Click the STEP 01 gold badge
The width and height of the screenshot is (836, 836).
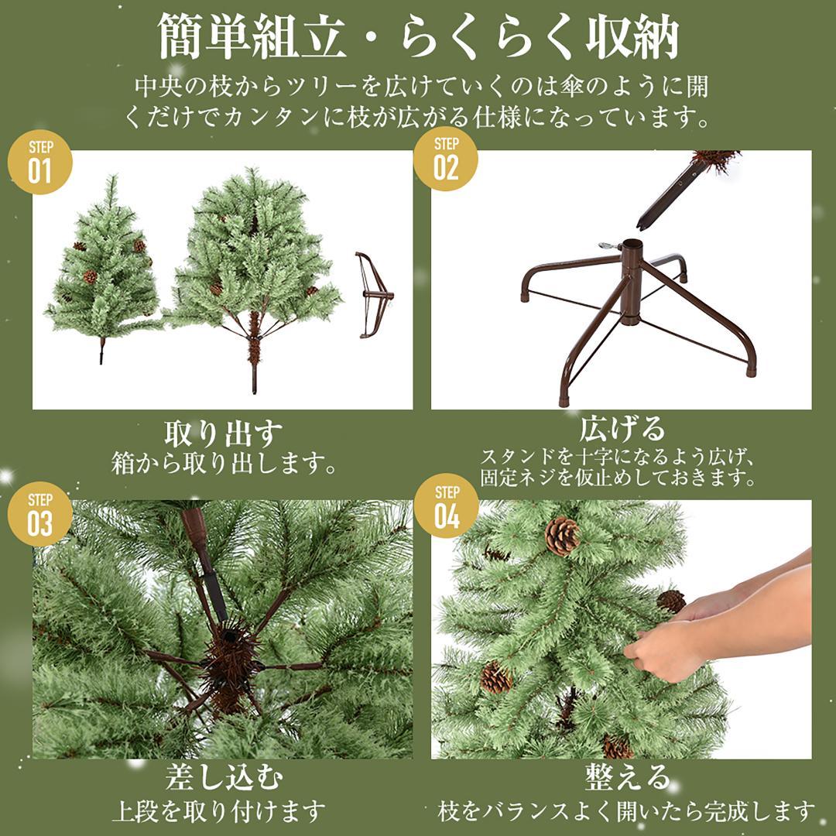click(x=39, y=162)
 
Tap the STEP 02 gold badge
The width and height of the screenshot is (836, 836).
click(x=446, y=159)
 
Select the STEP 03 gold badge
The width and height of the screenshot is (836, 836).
click(x=39, y=513)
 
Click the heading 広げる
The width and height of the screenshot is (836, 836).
click(x=622, y=428)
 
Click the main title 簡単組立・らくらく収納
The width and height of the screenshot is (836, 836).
click(x=418, y=36)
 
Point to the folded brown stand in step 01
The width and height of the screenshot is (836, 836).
click(x=373, y=294)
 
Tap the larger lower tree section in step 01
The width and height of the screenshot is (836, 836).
click(x=252, y=263)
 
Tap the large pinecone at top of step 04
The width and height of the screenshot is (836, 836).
click(x=562, y=535)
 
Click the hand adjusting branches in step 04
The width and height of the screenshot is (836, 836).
click(x=666, y=646)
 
